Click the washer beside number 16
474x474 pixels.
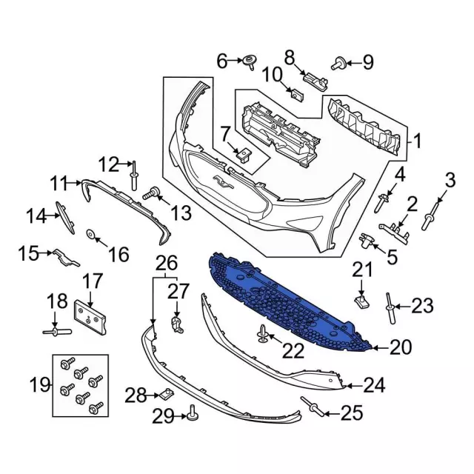click(x=90, y=236)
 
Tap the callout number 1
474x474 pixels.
click(x=417, y=140)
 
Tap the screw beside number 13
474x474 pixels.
click(x=151, y=194)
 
